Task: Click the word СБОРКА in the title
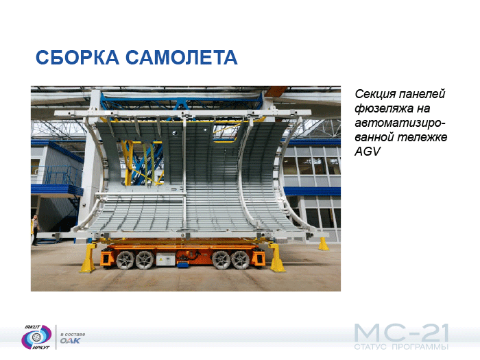[x=77, y=57]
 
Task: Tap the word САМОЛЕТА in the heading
[x=182, y=57]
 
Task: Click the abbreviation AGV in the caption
[x=368, y=152]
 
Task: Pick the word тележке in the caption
[x=422, y=137]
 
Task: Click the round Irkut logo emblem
[x=36, y=337]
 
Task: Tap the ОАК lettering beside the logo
[x=70, y=341]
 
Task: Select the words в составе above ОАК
[x=73, y=335]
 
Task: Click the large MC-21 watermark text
[x=401, y=333]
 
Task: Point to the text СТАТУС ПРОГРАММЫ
[x=401, y=347]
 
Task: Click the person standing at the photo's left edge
[x=35, y=230]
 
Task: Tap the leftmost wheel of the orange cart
[x=125, y=260]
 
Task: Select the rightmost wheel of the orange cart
[x=240, y=260]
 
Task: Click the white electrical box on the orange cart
[x=166, y=260]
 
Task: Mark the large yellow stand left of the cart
[x=88, y=258]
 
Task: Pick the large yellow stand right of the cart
[x=277, y=257]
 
